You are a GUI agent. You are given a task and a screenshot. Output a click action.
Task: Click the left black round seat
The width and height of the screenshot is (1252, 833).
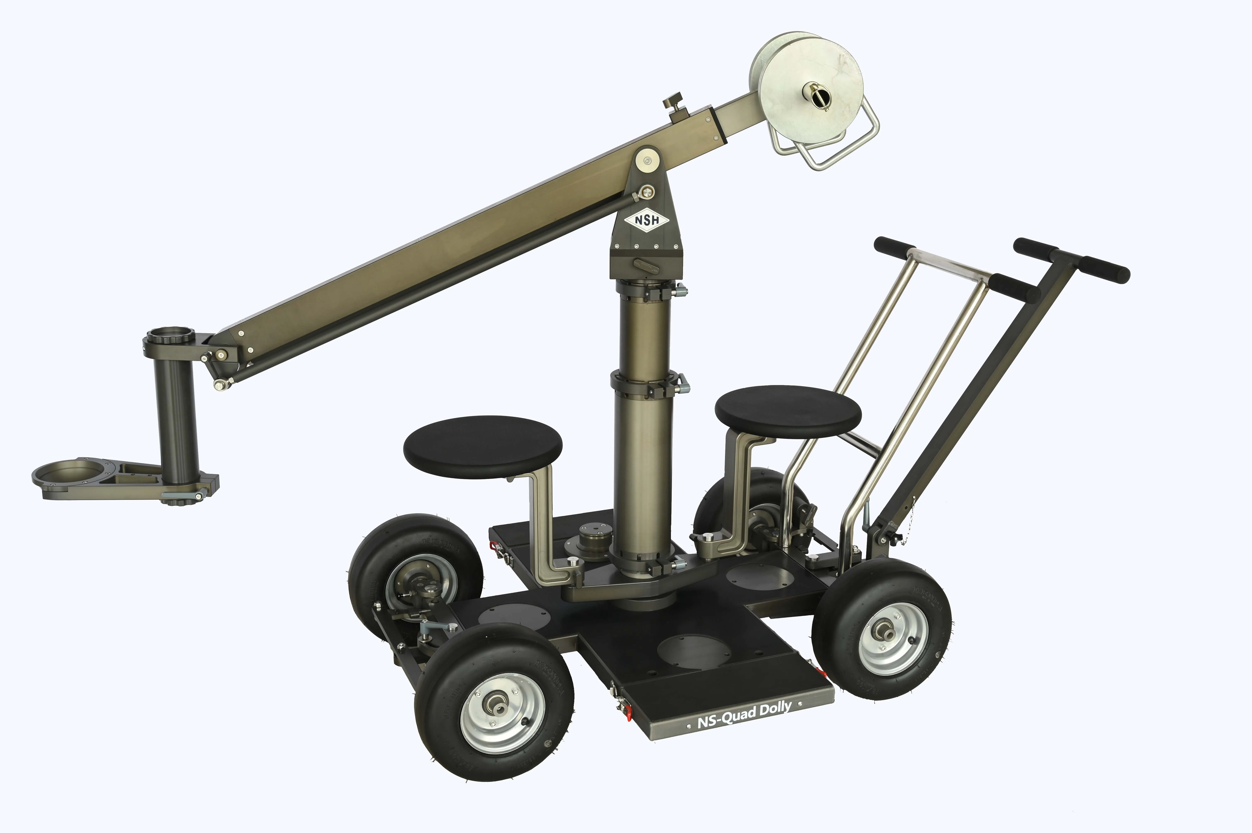[x=482, y=446]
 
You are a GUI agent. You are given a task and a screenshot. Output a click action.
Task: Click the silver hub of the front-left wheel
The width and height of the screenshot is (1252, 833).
[x=502, y=714]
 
